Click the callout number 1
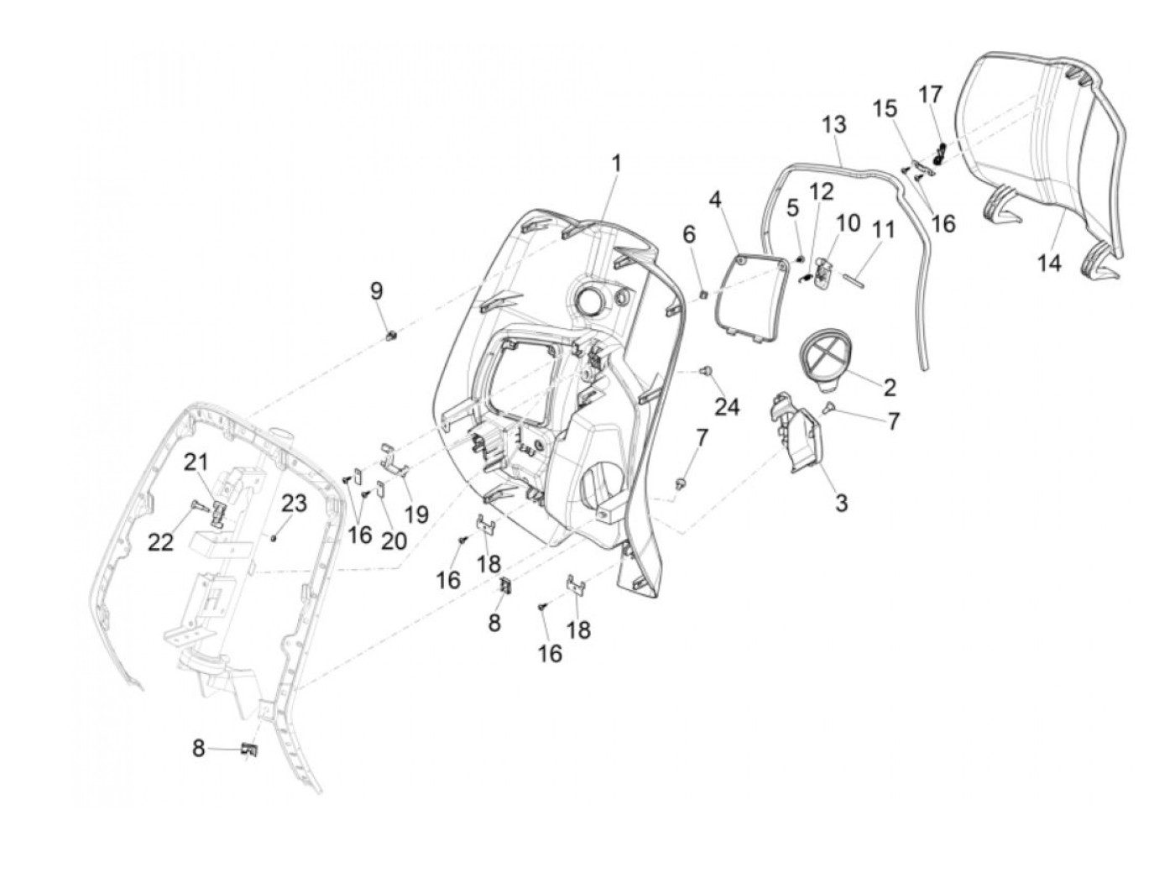coord(616,163)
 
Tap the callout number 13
coord(833,125)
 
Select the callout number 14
coord(1048,264)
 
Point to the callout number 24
coord(727,406)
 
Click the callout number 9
coord(377,291)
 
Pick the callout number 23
coord(294,504)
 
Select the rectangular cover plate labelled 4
coord(749,295)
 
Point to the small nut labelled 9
coord(390,337)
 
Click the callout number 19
coord(416,514)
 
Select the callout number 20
coord(394,541)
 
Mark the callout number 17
coord(930,94)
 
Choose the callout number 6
coord(689,235)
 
